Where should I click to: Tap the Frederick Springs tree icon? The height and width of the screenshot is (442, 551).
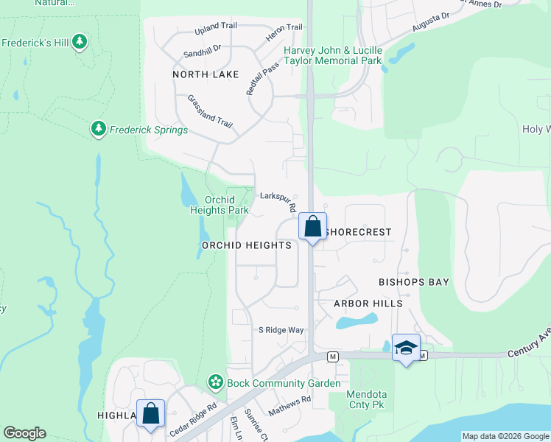(x=98, y=130)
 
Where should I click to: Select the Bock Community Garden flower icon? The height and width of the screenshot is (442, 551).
(x=215, y=382)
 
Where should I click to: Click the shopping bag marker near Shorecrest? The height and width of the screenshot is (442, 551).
(x=312, y=227)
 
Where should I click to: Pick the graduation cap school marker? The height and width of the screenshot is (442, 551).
(x=406, y=348)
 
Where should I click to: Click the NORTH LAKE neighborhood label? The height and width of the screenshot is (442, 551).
(x=206, y=74)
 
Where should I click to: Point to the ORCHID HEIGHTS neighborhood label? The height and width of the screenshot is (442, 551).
(x=247, y=245)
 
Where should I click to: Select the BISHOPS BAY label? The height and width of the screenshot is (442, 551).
(x=413, y=282)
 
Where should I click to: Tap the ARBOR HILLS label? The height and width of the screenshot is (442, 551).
(x=368, y=304)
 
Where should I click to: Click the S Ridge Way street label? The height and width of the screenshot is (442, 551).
(x=281, y=330)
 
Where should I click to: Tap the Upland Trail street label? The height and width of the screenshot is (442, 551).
(x=216, y=29)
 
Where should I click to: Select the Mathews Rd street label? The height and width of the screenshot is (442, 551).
(x=289, y=404)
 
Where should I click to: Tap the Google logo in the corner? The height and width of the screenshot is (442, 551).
(x=24, y=433)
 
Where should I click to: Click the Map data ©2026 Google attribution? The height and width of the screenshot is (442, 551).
(x=505, y=436)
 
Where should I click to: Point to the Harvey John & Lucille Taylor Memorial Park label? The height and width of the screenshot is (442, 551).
(x=334, y=55)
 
